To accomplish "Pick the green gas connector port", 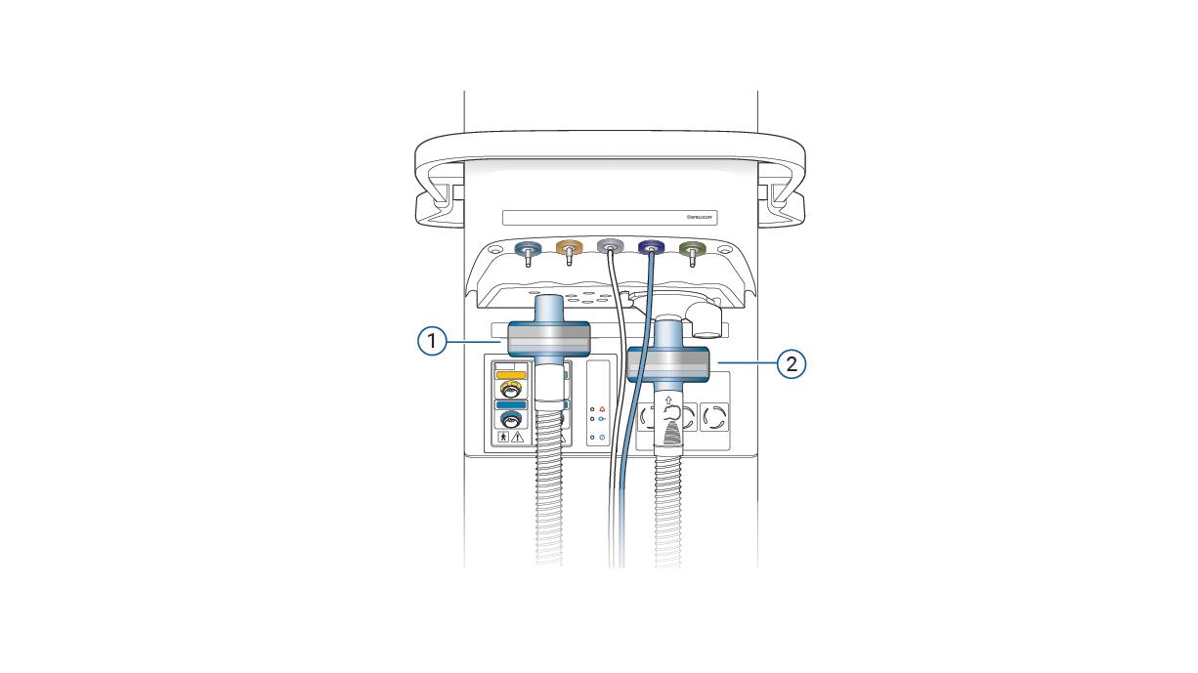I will point(693,250).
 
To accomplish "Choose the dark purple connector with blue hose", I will point(651,250).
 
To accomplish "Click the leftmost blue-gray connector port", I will point(528,250).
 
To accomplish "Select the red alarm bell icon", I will point(603,408).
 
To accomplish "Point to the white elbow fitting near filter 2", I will point(706,320).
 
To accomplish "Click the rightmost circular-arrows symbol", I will point(714,419).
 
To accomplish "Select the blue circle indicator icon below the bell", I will point(603,437).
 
